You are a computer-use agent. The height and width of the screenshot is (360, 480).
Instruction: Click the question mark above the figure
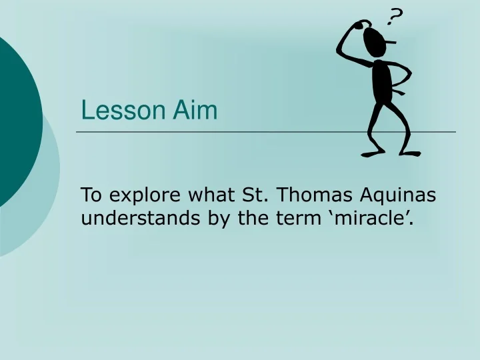[396, 17]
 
